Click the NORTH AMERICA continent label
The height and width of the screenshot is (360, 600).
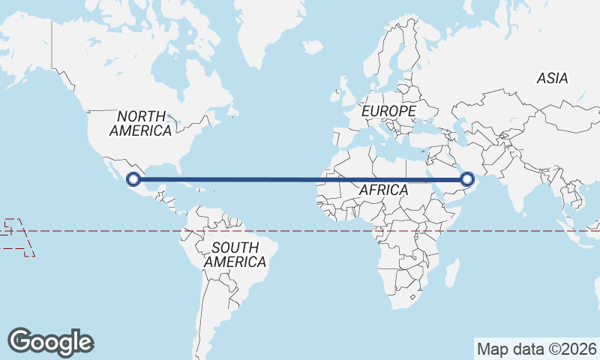click(141, 123)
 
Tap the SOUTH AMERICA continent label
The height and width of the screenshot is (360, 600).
click(235, 255)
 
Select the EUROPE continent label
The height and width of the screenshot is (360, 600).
click(388, 111)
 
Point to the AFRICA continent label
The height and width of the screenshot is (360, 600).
click(383, 190)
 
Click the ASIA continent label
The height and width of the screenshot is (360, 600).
click(552, 78)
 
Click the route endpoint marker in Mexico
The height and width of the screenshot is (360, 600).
click(133, 179)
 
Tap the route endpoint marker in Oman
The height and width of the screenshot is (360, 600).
click(467, 179)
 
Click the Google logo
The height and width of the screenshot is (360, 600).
click(50, 342)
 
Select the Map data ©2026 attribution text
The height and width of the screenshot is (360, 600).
click(537, 349)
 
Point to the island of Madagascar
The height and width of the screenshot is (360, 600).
click(451, 272)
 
